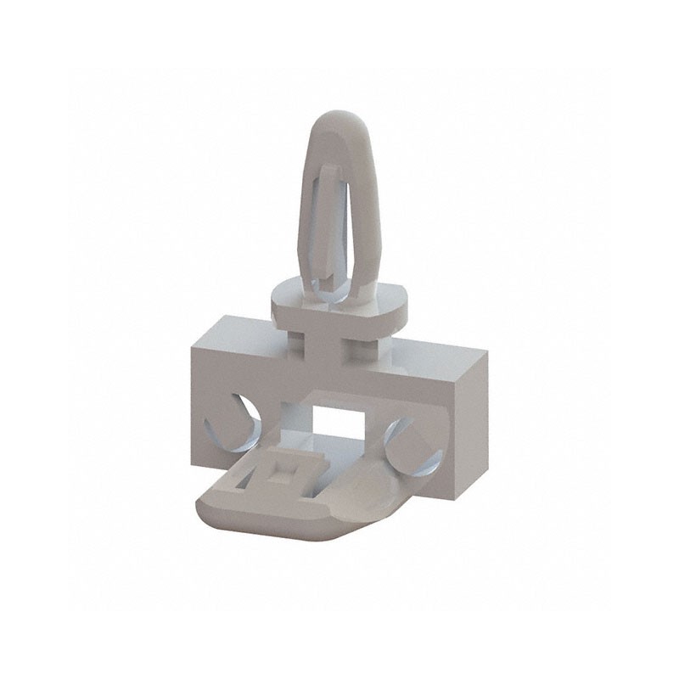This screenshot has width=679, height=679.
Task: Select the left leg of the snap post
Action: (x=308, y=238)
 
